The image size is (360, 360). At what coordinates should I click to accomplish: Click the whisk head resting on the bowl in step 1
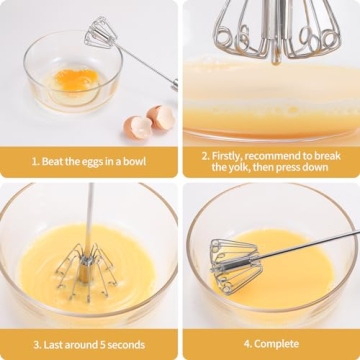(x=100, y=32)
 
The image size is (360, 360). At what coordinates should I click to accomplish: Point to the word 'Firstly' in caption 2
(x=233, y=156)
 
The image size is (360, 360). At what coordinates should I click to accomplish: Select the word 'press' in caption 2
(x=305, y=168)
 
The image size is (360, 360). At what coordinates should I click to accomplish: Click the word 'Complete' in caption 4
(x=276, y=344)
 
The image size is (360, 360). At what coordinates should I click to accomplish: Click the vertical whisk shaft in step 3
(x=90, y=215)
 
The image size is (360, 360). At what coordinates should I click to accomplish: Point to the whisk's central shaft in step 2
(x=272, y=25)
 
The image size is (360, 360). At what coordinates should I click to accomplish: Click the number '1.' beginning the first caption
(x=35, y=161)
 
